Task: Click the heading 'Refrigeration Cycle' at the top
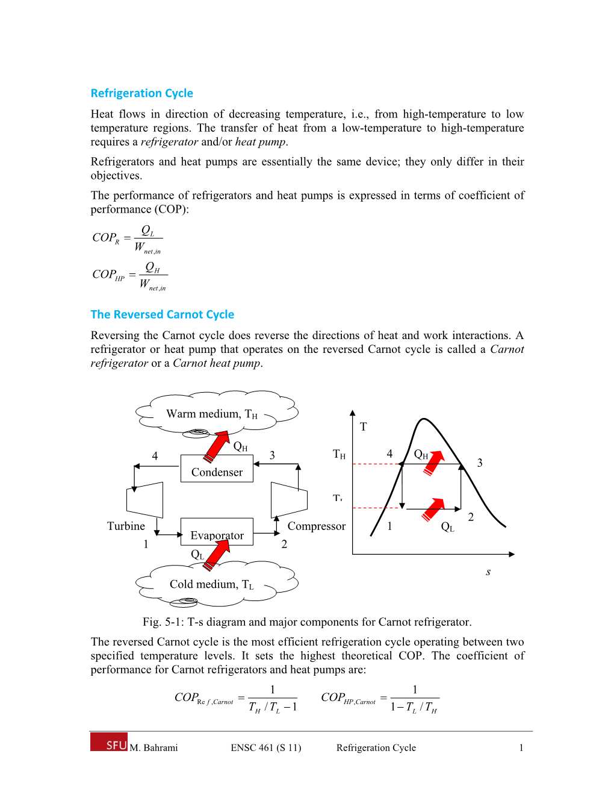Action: click(x=141, y=93)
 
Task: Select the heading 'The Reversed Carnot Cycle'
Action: click(x=162, y=314)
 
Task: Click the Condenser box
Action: click(x=217, y=469)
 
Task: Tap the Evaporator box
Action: click(x=217, y=532)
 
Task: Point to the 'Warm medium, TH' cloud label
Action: click(x=211, y=414)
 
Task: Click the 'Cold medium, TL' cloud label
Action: click(x=211, y=584)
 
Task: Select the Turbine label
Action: click(x=126, y=526)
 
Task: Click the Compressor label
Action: click(x=316, y=526)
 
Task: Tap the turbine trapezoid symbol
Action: click(x=145, y=499)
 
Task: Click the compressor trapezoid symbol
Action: click(x=289, y=499)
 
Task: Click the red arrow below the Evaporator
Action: click(x=217, y=555)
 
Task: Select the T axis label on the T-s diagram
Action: click(x=363, y=427)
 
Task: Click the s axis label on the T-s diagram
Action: click(x=488, y=572)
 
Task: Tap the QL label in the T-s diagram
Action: click(x=447, y=527)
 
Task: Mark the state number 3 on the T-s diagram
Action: click(x=480, y=463)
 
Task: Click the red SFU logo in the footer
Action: click(x=109, y=742)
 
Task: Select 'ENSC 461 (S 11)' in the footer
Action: click(x=266, y=748)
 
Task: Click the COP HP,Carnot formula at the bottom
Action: click(x=379, y=699)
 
